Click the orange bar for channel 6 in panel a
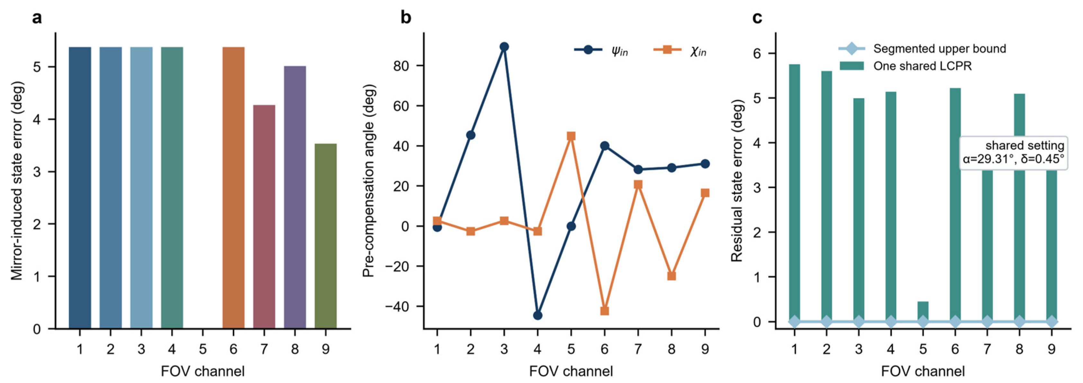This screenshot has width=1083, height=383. (233, 188)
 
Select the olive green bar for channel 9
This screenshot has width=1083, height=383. (326, 236)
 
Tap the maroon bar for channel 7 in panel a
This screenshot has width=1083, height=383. (264, 217)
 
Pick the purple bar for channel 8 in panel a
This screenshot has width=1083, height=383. (295, 197)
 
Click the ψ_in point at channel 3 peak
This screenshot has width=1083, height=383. (504, 47)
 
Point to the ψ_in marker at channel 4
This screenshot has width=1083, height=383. (538, 315)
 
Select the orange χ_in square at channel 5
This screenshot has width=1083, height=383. (571, 136)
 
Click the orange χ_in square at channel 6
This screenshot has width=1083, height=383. (604, 311)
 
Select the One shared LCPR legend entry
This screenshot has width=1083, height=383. (906, 66)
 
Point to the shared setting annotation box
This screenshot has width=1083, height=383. (1014, 153)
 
